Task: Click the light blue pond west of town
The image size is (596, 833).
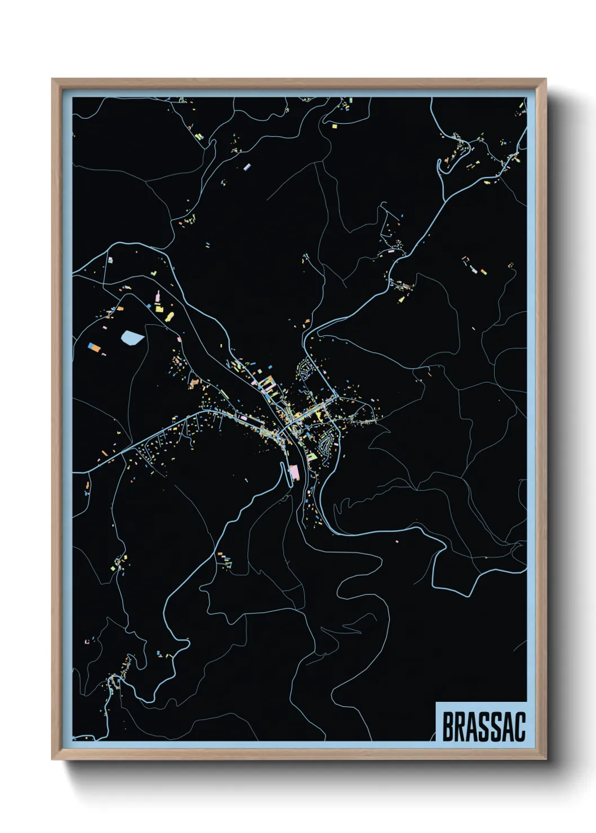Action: (x=132, y=337)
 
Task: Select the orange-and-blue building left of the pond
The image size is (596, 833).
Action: (x=95, y=347)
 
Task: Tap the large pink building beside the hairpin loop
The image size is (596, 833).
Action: (x=293, y=472)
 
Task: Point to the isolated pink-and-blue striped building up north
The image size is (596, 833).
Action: (x=247, y=167)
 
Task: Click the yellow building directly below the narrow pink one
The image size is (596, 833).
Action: (x=159, y=309)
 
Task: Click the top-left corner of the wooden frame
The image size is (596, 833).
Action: (x=52, y=79)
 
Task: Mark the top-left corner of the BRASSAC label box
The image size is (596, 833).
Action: (x=437, y=703)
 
